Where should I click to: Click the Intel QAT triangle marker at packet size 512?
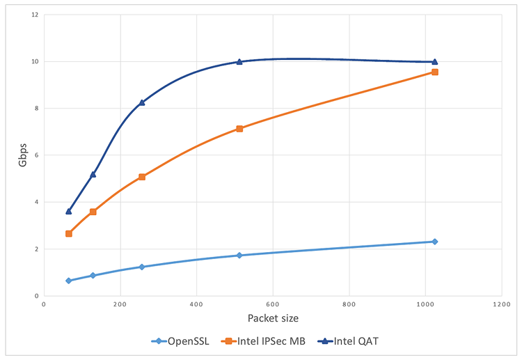tap(239, 62)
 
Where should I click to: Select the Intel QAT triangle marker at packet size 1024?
tap(435, 62)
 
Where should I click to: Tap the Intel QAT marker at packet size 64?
tap(68, 211)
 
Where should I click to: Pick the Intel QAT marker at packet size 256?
tap(142, 102)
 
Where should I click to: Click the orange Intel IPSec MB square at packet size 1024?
tap(435, 72)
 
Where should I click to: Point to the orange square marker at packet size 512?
tap(239, 129)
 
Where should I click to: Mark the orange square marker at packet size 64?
tap(68, 233)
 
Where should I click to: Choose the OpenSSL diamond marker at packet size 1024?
tap(435, 242)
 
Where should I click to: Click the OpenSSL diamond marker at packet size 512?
tap(239, 256)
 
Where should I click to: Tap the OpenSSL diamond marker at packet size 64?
tap(68, 281)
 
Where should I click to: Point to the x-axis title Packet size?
tap(272, 318)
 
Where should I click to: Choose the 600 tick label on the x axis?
tap(273, 304)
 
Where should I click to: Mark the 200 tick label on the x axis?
tap(120, 304)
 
